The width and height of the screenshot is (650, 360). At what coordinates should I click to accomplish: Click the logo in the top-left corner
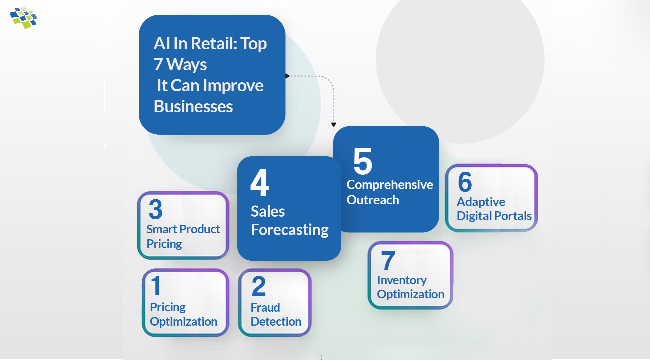[23, 18]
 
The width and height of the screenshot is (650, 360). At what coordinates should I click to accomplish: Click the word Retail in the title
[213, 44]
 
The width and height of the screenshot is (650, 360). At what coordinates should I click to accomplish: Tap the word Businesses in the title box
[193, 107]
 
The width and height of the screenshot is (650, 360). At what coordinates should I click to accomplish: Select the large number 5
[363, 161]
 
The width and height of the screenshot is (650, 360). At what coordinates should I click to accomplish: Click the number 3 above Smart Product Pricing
[155, 209]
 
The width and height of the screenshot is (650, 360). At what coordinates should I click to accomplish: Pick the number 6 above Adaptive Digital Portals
[465, 182]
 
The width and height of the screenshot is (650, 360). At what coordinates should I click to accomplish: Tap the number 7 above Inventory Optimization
[388, 261]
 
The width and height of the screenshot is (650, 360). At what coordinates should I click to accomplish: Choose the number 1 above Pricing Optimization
[156, 285]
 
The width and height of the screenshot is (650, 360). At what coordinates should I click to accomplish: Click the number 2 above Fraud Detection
[259, 286]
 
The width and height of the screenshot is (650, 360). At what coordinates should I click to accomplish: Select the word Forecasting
[289, 230]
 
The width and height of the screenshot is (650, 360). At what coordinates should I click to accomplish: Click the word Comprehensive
[390, 185]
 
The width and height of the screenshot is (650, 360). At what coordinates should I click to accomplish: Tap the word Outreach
[373, 200]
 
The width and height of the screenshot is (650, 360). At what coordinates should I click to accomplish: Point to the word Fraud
[265, 307]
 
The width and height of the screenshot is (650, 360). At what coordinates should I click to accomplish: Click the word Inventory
[402, 280]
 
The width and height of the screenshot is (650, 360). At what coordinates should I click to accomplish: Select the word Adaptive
[481, 202]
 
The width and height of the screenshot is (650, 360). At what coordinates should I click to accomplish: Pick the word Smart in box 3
[162, 229]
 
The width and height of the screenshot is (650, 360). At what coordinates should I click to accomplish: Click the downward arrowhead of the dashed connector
[334, 125]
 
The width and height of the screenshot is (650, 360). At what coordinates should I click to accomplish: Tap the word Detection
[276, 322]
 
